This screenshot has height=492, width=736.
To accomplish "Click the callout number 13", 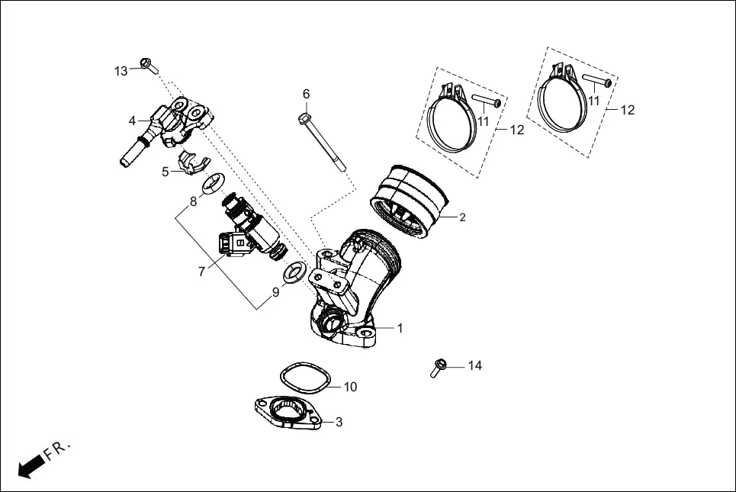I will tap(121, 71).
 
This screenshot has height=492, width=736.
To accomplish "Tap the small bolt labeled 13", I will tap(148, 66).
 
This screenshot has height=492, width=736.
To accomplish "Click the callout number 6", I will tap(307, 94).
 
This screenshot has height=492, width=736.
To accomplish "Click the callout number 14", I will tap(474, 366).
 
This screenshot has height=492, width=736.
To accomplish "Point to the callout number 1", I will tap(400, 328).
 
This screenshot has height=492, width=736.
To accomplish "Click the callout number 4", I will tap(132, 121).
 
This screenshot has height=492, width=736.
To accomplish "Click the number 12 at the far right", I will tap(627, 110).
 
